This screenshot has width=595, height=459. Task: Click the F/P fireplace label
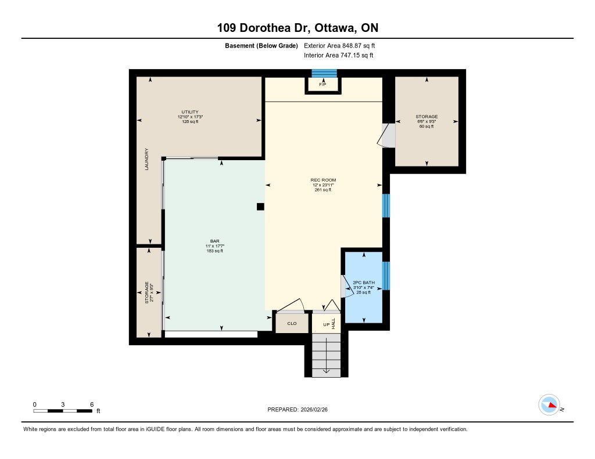click(322, 85)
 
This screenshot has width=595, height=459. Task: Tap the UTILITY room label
click(190, 112)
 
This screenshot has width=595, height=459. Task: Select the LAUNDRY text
click(147, 159)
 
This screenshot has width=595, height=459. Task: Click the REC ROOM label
click(323, 180)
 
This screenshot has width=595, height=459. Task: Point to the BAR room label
click(215, 241)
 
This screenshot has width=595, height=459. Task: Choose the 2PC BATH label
click(364, 283)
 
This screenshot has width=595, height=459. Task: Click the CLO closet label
click(292, 323)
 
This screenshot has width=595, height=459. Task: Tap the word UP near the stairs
click(326, 325)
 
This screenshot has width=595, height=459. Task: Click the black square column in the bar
click(260, 207)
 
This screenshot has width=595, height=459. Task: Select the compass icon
click(549, 405)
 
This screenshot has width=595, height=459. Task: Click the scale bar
click(63, 411)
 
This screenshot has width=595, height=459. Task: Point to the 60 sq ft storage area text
click(426, 127)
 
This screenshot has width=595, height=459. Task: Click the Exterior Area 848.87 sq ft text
click(339, 45)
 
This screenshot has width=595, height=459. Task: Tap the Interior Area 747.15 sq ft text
click(339, 55)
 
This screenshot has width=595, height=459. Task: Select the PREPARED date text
click(297, 409)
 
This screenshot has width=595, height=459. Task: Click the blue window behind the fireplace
click(324, 73)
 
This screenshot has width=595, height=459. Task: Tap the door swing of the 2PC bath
click(346, 287)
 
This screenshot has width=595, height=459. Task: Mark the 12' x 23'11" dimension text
click(323, 185)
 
